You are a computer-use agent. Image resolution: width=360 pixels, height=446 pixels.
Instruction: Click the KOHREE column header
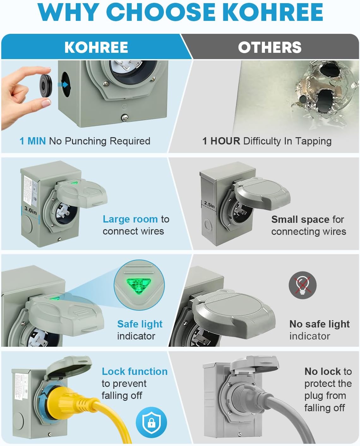(96, 47)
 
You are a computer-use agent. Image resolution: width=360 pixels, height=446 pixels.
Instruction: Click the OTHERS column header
(269, 47)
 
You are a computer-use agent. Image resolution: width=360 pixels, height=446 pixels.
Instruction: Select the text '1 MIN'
(33, 141)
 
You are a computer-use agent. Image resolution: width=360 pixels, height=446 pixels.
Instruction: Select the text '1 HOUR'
(221, 141)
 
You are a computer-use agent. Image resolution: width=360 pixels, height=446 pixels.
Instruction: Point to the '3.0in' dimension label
(31, 210)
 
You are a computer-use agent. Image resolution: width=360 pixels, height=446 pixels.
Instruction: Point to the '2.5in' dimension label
(209, 205)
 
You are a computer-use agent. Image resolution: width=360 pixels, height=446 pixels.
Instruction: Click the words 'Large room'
(130, 219)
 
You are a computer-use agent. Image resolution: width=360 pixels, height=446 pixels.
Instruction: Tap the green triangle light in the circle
(139, 285)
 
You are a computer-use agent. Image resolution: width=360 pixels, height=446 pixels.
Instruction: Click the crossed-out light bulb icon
(302, 285)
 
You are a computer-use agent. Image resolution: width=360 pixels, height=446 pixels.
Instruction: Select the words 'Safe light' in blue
(140, 324)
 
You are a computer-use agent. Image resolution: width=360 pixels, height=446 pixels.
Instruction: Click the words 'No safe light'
(319, 324)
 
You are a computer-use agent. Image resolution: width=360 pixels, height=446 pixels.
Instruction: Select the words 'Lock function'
(135, 371)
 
